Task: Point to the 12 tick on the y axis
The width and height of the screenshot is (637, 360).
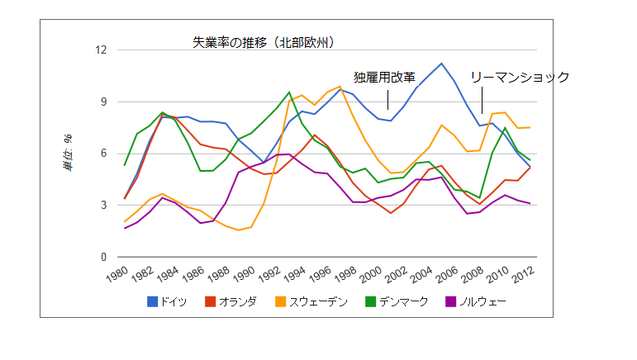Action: [x=102, y=50]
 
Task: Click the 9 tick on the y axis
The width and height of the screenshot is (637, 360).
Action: [x=105, y=102]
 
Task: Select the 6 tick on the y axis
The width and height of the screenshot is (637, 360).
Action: [x=105, y=154]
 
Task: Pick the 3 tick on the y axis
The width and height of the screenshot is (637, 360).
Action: [x=105, y=206]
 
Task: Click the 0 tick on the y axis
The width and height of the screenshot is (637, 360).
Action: [x=105, y=258]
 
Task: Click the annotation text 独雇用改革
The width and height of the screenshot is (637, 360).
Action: [x=385, y=78]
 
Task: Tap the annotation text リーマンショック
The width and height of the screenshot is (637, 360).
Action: [x=520, y=77]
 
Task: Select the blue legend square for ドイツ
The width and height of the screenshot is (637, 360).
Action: [x=153, y=301]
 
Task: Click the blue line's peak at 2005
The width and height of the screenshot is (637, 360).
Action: [x=442, y=64]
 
